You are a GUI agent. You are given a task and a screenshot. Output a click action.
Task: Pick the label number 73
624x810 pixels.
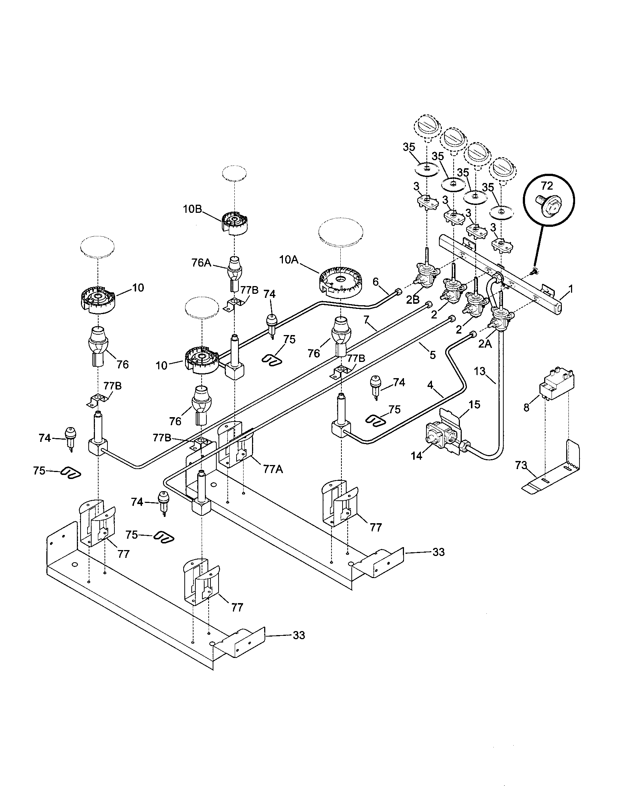pos(521,465)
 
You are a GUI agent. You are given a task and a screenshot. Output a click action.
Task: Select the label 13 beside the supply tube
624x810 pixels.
pos(479,371)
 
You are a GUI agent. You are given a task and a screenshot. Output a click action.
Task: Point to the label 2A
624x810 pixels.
pos(485,344)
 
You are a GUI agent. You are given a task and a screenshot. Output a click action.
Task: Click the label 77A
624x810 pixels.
pos(273,469)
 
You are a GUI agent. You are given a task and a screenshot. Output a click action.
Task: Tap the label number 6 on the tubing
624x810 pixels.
pos(376,282)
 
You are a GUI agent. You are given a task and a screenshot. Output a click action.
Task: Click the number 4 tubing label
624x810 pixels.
pos(430,385)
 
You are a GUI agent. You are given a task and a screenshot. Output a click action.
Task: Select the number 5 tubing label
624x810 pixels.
pos(432,355)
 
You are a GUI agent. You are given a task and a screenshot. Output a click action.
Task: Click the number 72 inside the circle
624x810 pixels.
pos(547,186)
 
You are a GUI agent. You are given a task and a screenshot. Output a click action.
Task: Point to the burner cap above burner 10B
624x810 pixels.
pos(235,174)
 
